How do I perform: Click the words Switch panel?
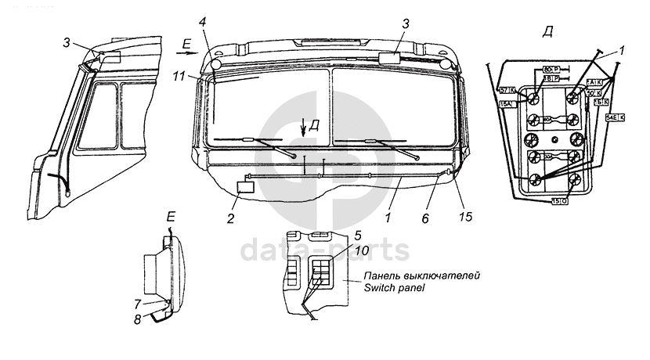point(394,287)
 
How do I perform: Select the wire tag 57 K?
point(507,91)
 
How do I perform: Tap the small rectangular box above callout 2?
point(246,188)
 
